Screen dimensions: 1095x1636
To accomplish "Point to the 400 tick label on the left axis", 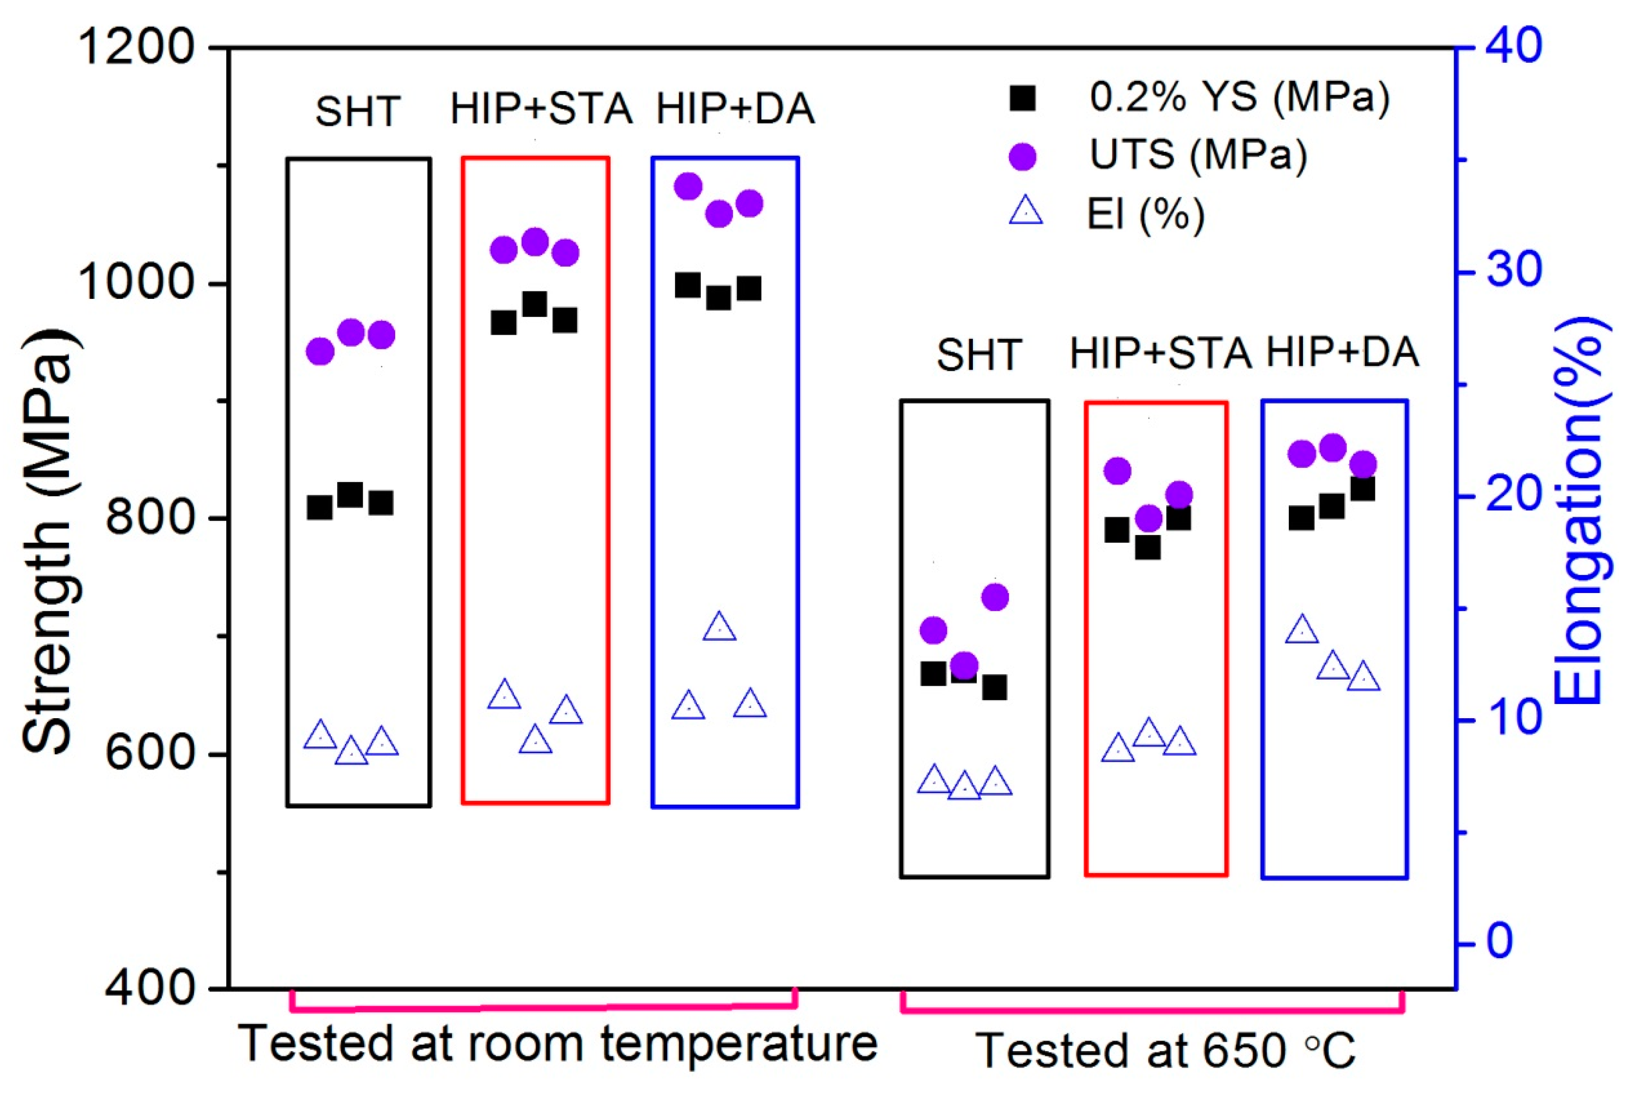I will pos(150,988).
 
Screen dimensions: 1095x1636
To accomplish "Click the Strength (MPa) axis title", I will pos(49,541).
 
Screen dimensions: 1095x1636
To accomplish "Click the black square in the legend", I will pos(1022,99).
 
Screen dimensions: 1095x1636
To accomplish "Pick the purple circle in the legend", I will pos(1022,156).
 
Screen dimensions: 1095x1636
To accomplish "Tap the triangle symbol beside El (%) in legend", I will pos(1025,212).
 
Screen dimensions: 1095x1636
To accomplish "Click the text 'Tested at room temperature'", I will pos(557,1044).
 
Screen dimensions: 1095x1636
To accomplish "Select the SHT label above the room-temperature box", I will pos(357,112).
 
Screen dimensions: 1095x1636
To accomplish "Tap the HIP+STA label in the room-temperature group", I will pos(541,110).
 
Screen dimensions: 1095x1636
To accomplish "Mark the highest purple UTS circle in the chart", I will pos(688,187).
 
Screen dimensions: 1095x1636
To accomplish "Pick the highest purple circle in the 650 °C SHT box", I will pos(995,597).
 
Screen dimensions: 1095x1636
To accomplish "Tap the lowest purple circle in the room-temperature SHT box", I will pos(320,352).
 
